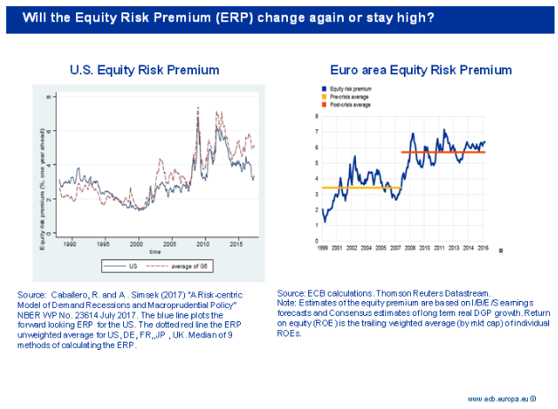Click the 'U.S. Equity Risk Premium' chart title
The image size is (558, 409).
[144, 69]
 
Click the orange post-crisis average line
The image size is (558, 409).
[443, 152]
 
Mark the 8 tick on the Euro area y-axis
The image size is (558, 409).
[317, 116]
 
